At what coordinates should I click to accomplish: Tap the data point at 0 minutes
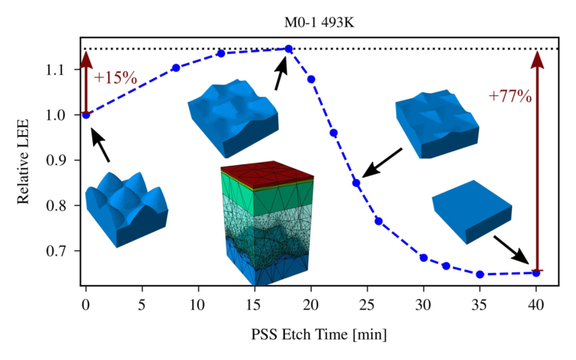click(86, 115)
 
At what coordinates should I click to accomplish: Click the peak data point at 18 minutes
click(288, 49)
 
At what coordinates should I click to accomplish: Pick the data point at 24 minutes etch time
click(356, 182)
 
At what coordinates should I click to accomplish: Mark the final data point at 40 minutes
click(536, 272)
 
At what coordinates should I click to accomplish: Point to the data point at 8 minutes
click(175, 67)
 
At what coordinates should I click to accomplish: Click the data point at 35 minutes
click(480, 274)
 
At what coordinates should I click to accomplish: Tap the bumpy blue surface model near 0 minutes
click(125, 209)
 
